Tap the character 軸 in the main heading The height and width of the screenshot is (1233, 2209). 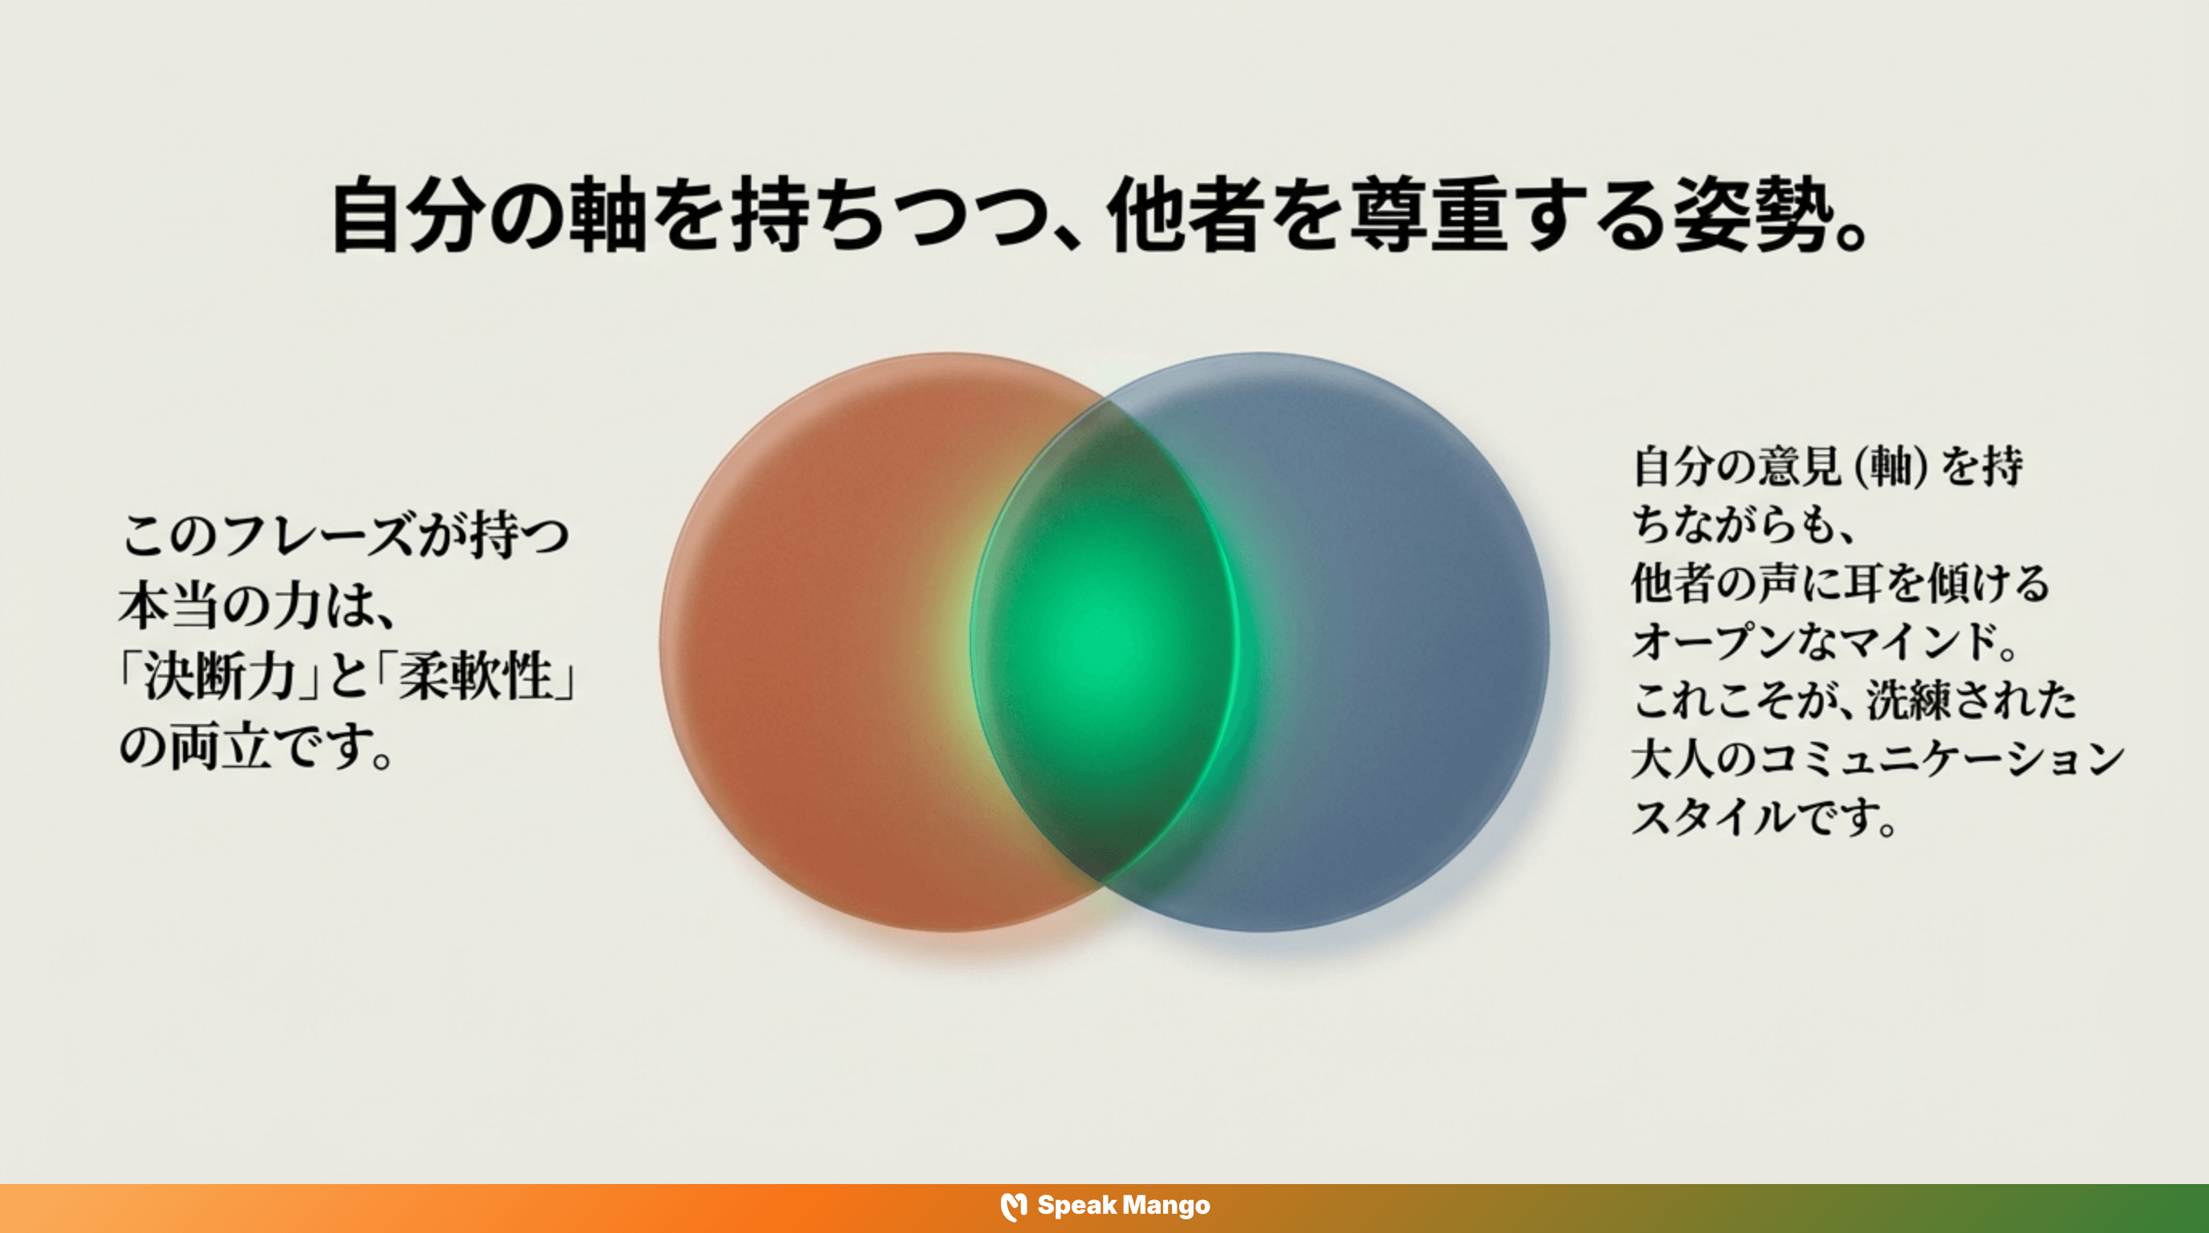point(605,215)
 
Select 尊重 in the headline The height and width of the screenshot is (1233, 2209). point(1427,215)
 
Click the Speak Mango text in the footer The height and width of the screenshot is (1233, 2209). point(1124,1206)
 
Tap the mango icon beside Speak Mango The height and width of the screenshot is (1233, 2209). point(1014,1207)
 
